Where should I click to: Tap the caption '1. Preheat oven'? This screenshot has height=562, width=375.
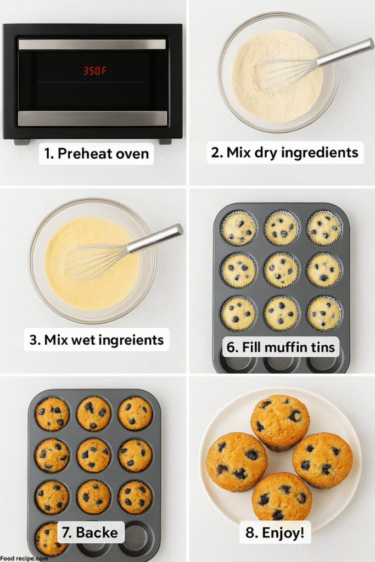(x=96, y=154)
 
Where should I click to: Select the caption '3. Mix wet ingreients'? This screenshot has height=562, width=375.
(x=97, y=340)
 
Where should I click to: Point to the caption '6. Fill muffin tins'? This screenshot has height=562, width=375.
(x=282, y=347)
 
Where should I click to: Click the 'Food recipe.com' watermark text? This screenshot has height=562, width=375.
(x=24, y=558)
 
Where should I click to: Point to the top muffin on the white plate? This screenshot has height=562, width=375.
(x=280, y=422)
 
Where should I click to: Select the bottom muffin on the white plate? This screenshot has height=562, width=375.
(x=282, y=497)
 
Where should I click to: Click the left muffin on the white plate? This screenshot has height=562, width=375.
(x=237, y=462)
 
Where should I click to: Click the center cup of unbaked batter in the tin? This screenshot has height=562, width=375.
(x=281, y=270)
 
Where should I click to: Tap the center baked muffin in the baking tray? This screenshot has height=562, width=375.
(x=93, y=455)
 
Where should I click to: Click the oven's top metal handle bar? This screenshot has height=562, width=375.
(x=92, y=44)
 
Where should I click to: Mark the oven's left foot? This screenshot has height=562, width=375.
(x=21, y=142)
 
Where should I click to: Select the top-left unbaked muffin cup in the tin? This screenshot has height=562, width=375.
(x=238, y=228)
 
